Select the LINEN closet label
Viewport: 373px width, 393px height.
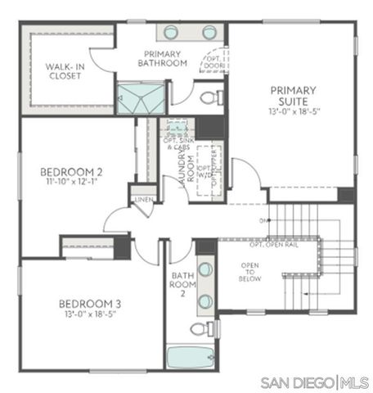142,199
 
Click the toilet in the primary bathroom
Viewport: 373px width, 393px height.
211,98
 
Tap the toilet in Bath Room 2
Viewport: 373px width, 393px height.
200,329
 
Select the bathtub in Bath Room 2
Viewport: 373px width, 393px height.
190,359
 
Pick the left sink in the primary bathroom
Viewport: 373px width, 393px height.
171,33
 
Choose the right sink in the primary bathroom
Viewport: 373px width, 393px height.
209,33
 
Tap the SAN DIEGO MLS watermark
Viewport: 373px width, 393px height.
314,382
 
